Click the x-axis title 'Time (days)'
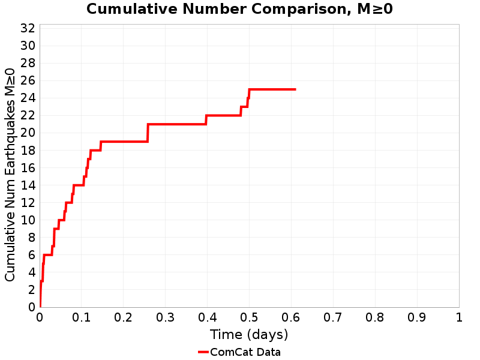(x=249, y=334)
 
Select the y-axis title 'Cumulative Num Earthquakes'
(x=10, y=175)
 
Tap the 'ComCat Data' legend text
(x=245, y=352)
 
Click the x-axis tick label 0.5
(x=249, y=317)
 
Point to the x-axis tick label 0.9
(x=417, y=317)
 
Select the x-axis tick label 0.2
(x=124, y=317)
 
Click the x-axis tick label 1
(x=459, y=317)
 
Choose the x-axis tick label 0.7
(x=333, y=317)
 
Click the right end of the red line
(x=295, y=89)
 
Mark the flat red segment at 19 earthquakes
(x=124, y=142)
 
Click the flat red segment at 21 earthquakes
(x=177, y=124)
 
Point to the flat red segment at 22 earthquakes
(x=223, y=115)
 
